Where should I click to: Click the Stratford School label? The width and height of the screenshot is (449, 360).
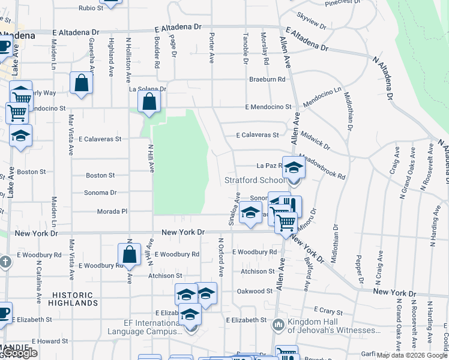tap(255, 180)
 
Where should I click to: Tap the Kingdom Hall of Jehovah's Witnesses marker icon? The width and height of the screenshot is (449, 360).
tap(278, 325)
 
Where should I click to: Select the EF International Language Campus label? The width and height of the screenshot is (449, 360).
tap(144, 326)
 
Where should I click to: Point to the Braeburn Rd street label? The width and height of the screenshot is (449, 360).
tap(267, 79)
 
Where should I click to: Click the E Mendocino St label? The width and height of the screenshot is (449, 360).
tap(268, 107)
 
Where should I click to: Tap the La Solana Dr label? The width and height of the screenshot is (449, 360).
tap(147, 89)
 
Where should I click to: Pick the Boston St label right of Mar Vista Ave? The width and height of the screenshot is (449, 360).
tap(100, 175)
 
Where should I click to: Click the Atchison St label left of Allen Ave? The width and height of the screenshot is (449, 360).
tap(258, 271)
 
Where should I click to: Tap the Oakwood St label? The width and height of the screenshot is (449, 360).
tap(255, 291)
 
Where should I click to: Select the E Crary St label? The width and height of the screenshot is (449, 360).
tap(327, 311)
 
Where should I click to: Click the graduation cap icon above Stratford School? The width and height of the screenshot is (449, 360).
tap(294, 167)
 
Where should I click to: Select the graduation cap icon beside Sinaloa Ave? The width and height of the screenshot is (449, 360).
tap(251, 212)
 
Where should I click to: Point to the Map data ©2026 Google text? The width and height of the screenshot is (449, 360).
tap(412, 355)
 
